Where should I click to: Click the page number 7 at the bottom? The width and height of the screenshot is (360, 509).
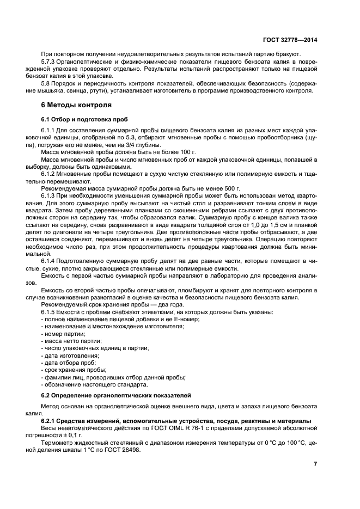pos(315,463)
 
